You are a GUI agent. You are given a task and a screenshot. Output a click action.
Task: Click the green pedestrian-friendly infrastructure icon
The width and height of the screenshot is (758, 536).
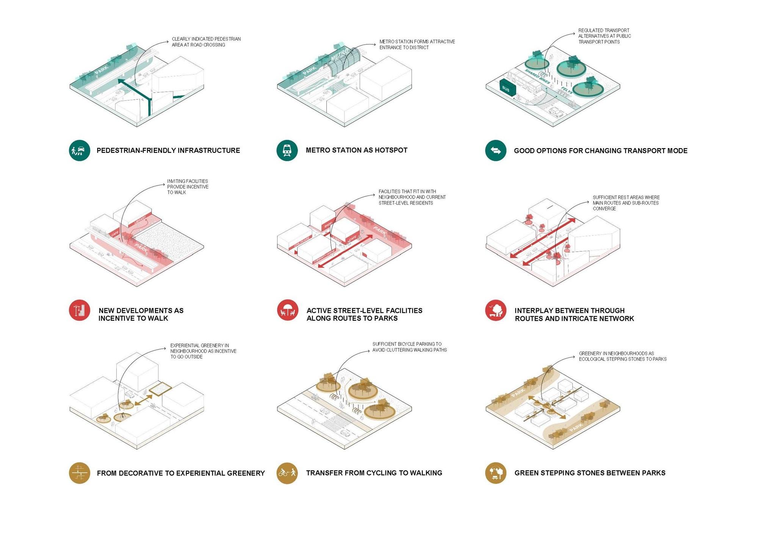point(80,150)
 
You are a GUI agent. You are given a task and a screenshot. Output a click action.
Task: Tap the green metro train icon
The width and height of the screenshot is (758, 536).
point(287,150)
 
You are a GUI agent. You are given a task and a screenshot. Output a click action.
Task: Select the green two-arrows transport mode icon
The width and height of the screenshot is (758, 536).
point(496,150)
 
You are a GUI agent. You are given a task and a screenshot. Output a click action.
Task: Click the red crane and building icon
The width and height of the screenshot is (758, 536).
point(80,310)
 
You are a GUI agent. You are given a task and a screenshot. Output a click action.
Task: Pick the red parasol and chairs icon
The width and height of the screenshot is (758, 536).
point(287,310)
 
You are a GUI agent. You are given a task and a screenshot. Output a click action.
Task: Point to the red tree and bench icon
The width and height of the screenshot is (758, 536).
point(496,310)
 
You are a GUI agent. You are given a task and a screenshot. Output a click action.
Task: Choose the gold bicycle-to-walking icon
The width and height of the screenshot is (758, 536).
point(287,473)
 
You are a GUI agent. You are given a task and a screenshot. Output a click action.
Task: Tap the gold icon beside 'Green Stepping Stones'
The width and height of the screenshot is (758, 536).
point(496,473)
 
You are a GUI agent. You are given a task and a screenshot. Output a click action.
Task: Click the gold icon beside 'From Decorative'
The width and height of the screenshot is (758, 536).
point(80,473)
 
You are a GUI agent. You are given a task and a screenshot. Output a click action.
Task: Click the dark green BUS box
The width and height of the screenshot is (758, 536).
point(507,88)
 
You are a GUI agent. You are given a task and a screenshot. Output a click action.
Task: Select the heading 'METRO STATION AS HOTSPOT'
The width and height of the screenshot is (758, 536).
point(356,150)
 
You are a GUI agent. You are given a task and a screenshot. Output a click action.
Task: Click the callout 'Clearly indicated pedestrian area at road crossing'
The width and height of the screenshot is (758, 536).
point(206,42)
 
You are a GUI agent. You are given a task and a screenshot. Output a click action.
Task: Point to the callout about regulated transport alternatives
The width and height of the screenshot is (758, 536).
point(604,36)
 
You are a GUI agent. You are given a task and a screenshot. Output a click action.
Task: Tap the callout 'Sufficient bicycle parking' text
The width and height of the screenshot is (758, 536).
point(409,347)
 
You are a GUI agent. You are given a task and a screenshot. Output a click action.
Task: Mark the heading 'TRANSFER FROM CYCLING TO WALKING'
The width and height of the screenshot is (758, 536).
point(374,473)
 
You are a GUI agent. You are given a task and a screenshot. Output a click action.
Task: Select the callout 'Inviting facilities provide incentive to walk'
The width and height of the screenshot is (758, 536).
point(188,187)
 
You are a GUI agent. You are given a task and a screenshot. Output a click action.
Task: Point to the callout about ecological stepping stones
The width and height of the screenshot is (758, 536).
point(622,356)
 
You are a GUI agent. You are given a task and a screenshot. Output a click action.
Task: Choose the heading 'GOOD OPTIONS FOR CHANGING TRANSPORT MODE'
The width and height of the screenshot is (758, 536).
point(600,151)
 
